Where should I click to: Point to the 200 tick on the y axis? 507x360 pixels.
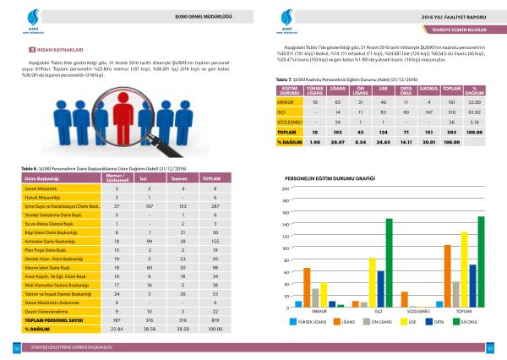pyautogui.click(x=285, y=188)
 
